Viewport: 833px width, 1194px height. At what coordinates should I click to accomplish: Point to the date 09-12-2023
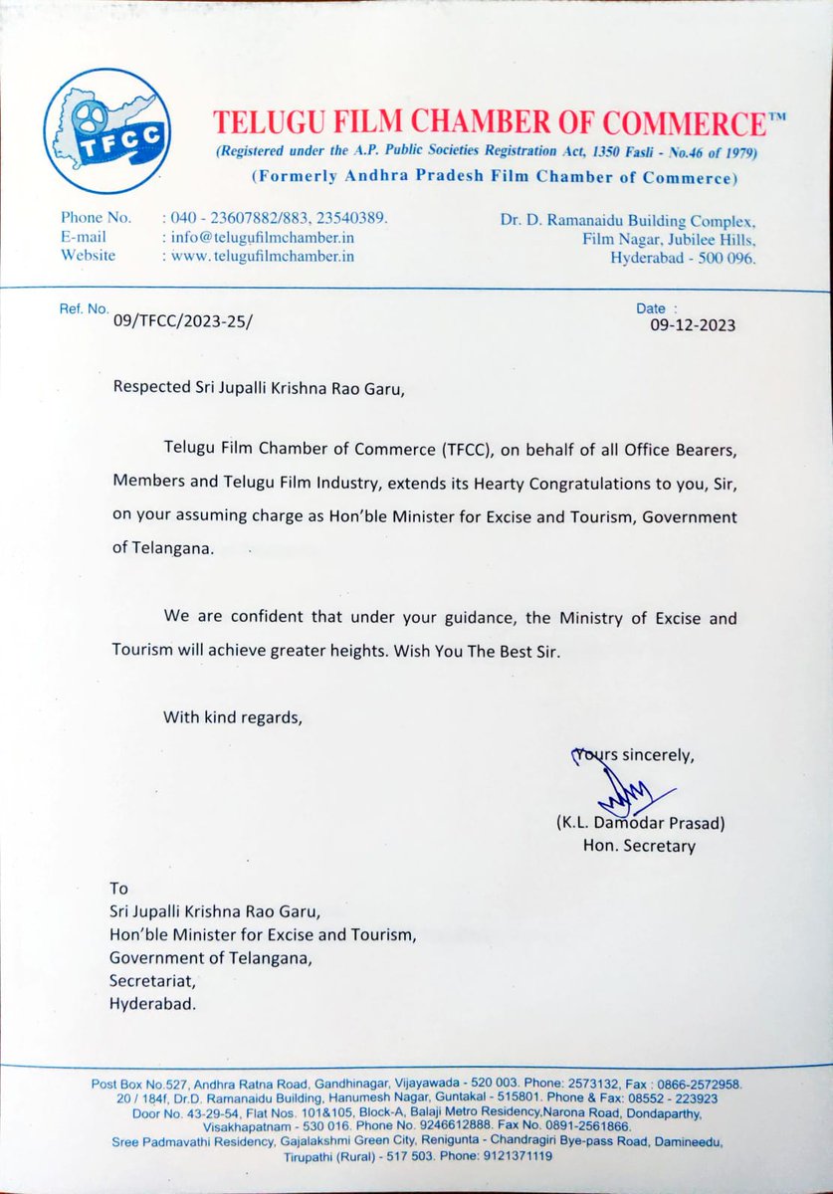[x=694, y=324]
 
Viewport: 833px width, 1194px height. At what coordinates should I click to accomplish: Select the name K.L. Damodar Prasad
[x=637, y=825]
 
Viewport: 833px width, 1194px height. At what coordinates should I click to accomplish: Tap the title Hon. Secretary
[x=640, y=846]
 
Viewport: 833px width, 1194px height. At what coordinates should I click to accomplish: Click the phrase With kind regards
[x=231, y=715]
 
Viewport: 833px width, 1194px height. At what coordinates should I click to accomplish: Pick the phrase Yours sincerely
[x=631, y=755]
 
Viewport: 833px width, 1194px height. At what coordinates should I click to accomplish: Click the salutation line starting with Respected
[x=259, y=390]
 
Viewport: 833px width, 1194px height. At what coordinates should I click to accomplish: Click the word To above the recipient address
[x=118, y=888]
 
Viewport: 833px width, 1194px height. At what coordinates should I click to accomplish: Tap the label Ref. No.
[x=84, y=309]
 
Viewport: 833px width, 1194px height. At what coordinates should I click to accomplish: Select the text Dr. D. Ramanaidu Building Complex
[x=628, y=220]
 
